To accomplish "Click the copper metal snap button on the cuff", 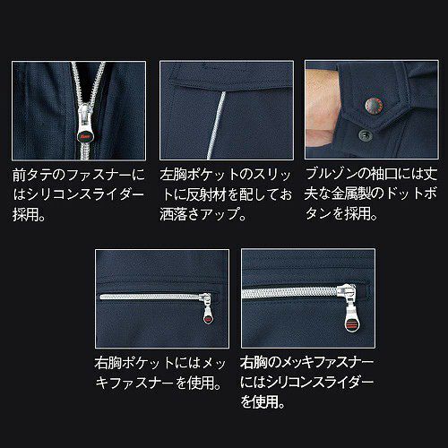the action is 374,105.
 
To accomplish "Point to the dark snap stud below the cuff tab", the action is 366,135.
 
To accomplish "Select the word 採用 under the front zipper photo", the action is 26,214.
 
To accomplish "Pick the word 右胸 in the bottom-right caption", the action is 254,363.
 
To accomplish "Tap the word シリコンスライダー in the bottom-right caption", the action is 320,383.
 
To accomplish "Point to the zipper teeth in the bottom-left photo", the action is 151,297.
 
